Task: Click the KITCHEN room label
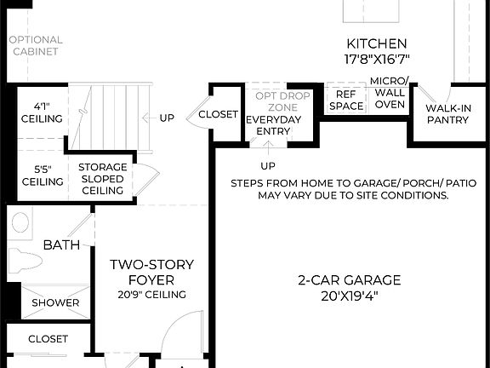[x=377, y=43]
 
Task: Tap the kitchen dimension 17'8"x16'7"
[x=377, y=60]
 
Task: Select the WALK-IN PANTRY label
[x=447, y=114]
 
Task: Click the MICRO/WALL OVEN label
[x=390, y=93]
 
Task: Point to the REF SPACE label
[x=346, y=101]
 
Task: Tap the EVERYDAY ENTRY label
[x=273, y=125]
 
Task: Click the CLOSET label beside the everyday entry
[x=218, y=114]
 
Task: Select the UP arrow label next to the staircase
[x=167, y=118]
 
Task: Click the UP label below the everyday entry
[x=268, y=165]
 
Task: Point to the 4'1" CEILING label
[x=42, y=112]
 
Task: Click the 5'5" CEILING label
[x=42, y=175]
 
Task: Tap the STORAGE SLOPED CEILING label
[x=102, y=178]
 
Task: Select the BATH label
[x=61, y=245]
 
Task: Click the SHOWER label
[x=55, y=302]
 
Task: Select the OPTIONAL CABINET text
[x=35, y=45]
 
